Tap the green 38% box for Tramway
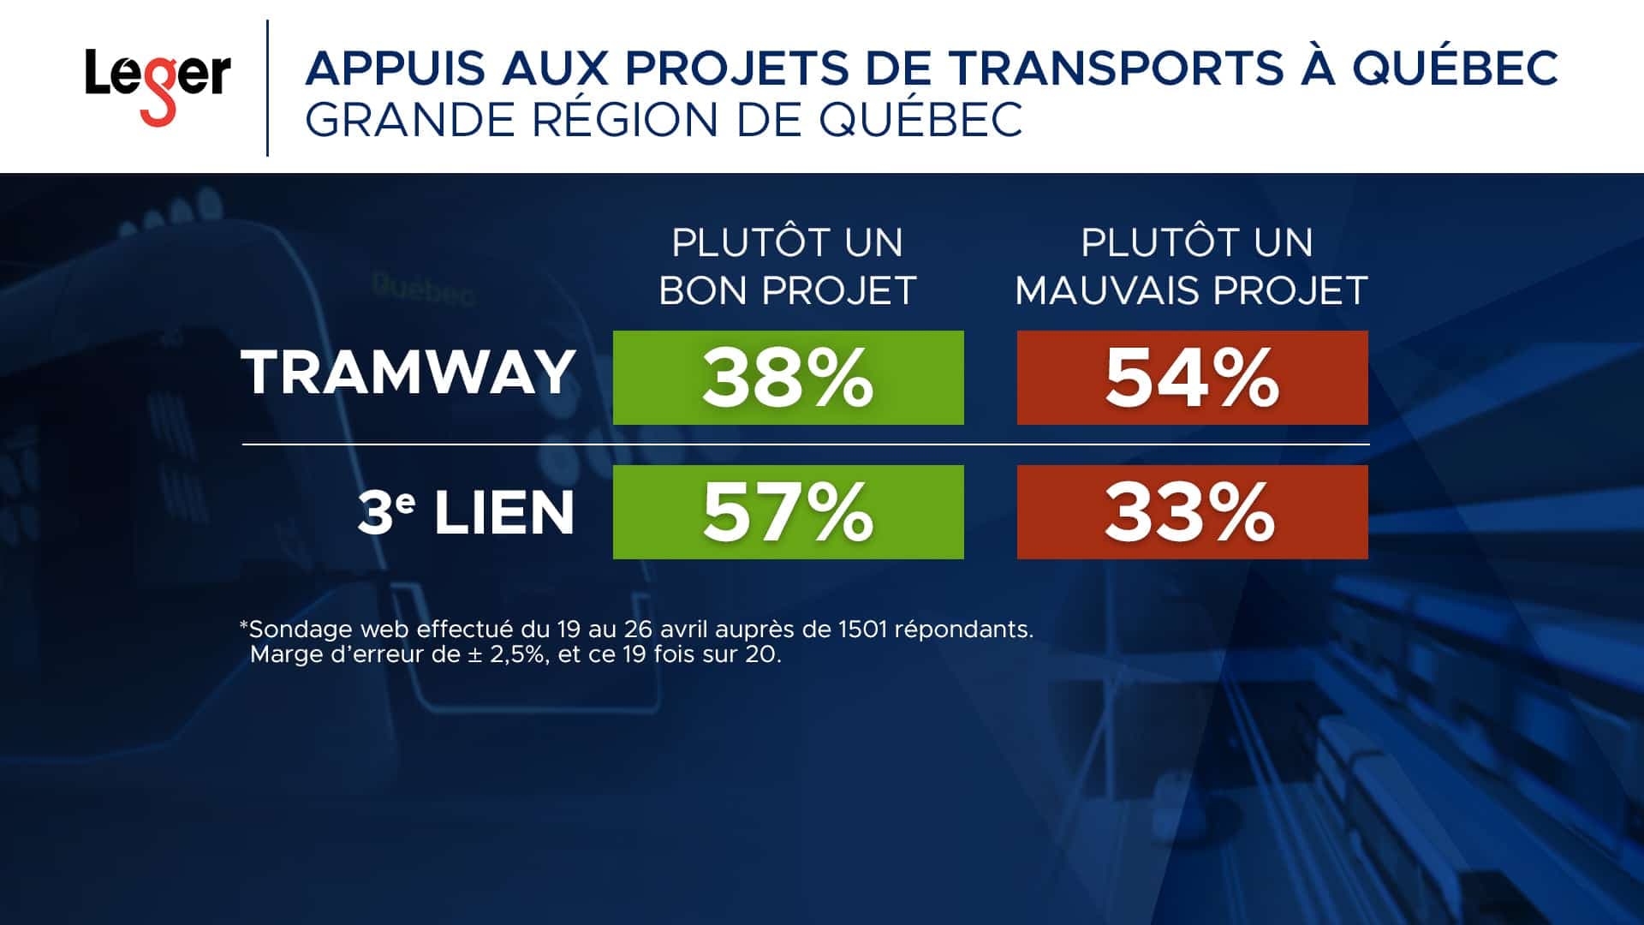[x=788, y=378]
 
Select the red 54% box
[x=1192, y=378]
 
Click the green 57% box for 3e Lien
[x=788, y=512]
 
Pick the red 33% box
[x=1192, y=512]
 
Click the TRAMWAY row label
[x=408, y=373]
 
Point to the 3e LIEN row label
[x=465, y=513]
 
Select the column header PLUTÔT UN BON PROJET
[x=788, y=266]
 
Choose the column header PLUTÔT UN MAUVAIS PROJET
[x=1192, y=266]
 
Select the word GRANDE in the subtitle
[x=410, y=119]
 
